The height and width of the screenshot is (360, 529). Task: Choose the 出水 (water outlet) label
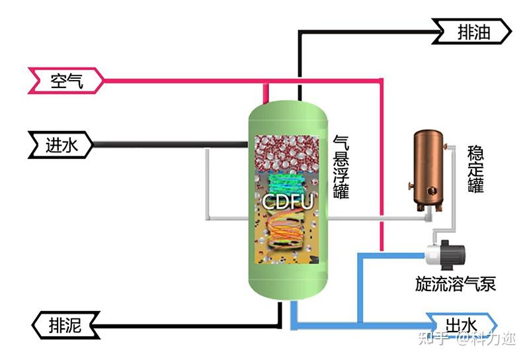coord(460,325)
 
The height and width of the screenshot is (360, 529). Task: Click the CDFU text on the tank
coord(288,201)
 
